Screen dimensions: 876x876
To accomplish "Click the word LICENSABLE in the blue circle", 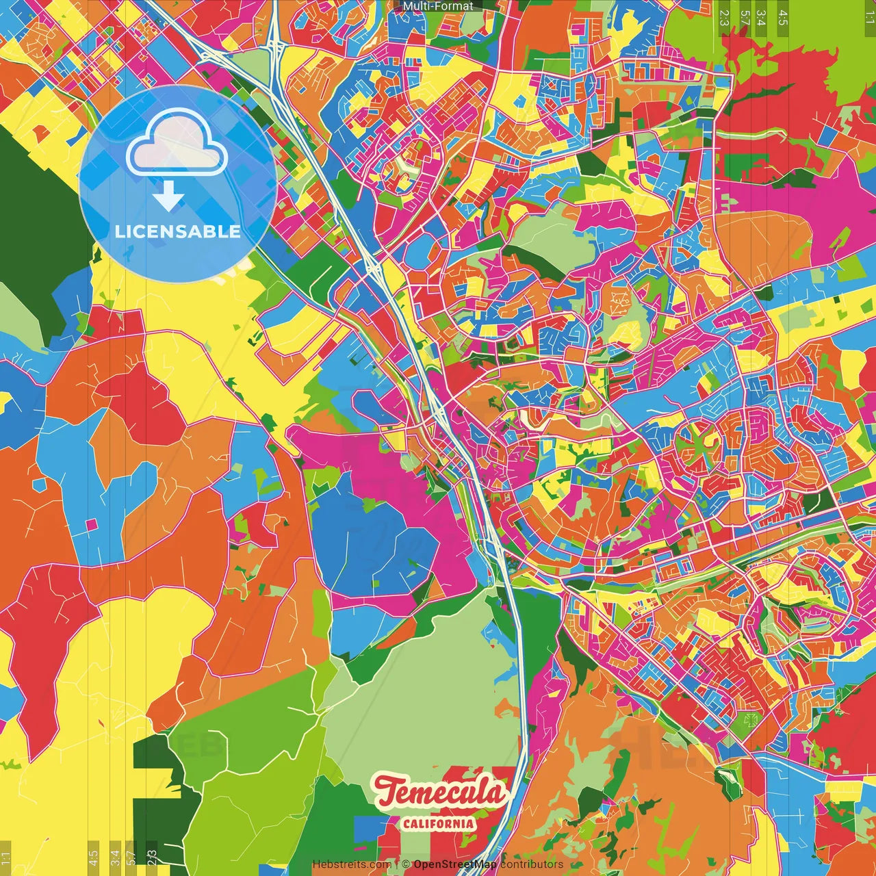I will pos(178,231).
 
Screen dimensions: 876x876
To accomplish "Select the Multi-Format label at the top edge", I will pos(438,6).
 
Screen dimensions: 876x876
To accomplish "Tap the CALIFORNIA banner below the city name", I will pos(438,823).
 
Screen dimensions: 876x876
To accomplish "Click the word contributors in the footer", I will pos(532,864).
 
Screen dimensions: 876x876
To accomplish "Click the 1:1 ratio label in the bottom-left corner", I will pos(6,858).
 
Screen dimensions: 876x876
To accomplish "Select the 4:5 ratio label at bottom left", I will pos(93,858).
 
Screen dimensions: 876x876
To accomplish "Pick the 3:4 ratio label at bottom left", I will pos(115,858).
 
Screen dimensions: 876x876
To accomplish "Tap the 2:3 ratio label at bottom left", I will pos(152,858).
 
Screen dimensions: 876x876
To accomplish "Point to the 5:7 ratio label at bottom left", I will pos(131,858).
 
